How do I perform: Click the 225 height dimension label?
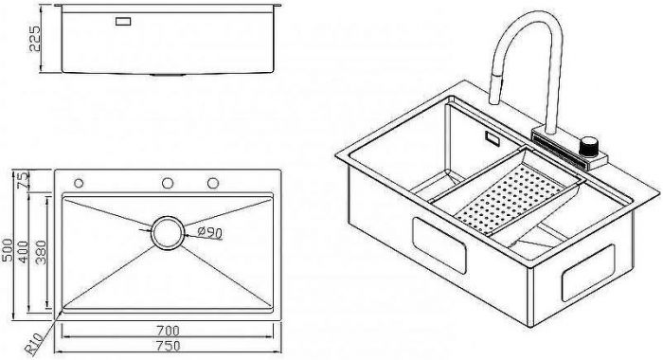(35, 39)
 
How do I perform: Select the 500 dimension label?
(8, 250)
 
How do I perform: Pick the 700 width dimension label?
(168, 330)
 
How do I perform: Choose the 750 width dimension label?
(168, 346)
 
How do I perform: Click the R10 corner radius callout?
(33, 343)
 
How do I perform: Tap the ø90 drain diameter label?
(210, 232)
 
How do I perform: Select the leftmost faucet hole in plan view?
(79, 183)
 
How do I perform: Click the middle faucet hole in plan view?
(168, 183)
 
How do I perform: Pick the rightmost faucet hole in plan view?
(213, 183)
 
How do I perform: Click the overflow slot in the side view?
(123, 21)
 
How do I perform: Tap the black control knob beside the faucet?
(589, 146)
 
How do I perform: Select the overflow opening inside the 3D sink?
(493, 138)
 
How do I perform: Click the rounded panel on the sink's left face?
(439, 245)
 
